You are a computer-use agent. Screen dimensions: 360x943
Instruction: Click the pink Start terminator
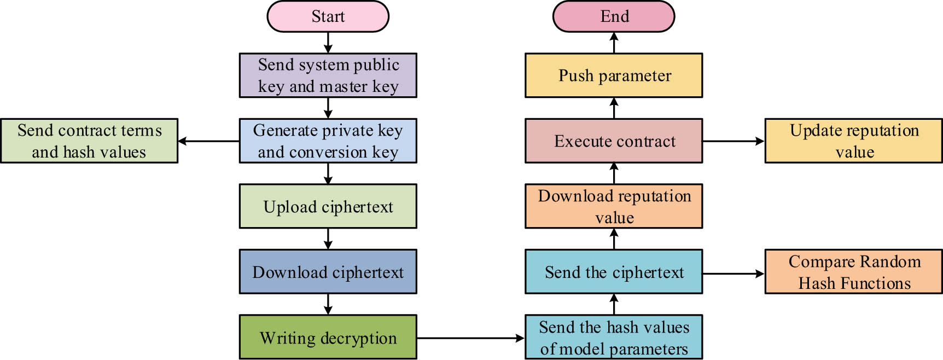(x=328, y=16)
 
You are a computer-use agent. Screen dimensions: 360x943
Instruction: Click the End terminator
(x=614, y=16)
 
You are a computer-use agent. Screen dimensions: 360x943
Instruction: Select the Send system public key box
(x=328, y=76)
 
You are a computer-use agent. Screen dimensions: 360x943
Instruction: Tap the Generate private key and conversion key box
(x=328, y=141)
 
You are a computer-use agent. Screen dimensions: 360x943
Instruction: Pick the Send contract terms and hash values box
(x=89, y=141)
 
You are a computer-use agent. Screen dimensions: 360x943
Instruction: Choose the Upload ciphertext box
(x=328, y=206)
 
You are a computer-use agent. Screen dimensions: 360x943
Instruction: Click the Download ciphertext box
(x=328, y=272)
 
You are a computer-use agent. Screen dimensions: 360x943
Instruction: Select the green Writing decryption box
(x=328, y=337)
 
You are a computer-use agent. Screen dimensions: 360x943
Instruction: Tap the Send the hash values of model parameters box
(x=614, y=337)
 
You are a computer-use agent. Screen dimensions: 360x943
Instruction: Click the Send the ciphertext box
(x=614, y=272)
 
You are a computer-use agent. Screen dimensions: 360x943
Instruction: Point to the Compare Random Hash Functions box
(x=853, y=272)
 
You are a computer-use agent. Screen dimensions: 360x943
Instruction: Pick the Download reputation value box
(x=614, y=206)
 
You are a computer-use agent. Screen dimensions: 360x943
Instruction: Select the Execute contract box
(x=614, y=141)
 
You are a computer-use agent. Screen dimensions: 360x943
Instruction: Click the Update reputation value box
(x=853, y=141)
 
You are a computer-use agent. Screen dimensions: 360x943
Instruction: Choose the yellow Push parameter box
(x=614, y=76)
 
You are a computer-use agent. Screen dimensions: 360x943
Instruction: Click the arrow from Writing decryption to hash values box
(x=470, y=338)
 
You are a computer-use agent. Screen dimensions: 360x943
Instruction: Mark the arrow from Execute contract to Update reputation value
(x=733, y=141)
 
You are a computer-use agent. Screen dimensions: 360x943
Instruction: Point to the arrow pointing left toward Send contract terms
(x=208, y=141)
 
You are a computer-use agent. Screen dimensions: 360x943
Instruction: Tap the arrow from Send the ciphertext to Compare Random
(x=733, y=274)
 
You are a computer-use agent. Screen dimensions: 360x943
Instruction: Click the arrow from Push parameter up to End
(x=614, y=43)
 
